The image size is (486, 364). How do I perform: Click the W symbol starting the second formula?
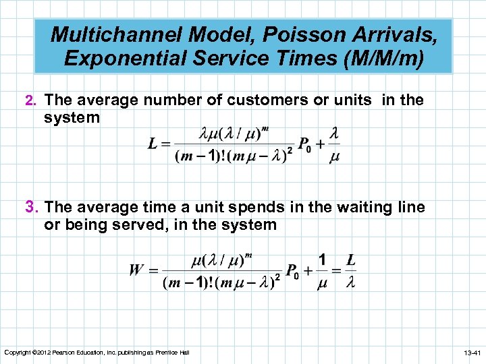point(136,270)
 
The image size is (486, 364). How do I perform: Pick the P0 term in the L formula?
point(305,145)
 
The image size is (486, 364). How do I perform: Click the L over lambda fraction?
point(351,271)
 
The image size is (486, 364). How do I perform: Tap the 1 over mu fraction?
point(322,271)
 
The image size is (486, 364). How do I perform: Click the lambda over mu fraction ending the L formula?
point(334,145)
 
